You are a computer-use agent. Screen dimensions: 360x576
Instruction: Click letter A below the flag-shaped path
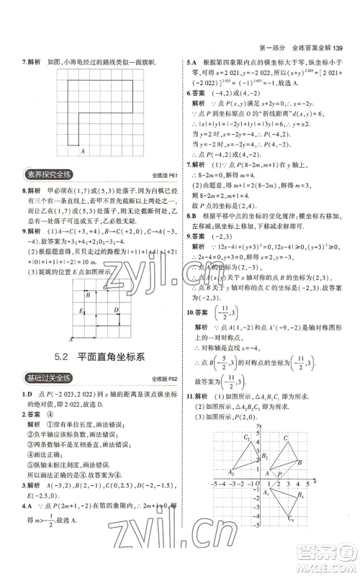tap(83, 150)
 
